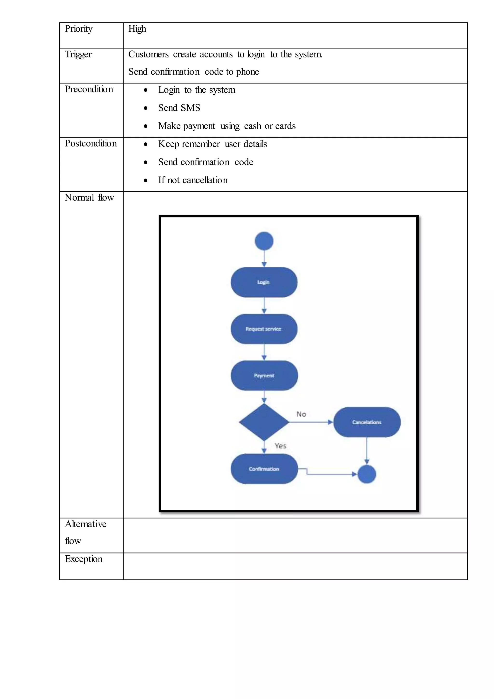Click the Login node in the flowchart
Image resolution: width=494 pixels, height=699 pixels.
click(264, 282)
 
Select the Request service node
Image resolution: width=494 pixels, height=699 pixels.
click(264, 329)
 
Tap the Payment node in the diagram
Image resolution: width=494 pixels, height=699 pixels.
click(264, 375)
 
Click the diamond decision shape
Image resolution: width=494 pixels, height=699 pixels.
click(264, 422)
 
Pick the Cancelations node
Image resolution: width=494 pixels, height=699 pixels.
click(367, 422)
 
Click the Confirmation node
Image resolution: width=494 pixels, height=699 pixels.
click(264, 469)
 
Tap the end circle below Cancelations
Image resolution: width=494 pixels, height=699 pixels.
click(367, 474)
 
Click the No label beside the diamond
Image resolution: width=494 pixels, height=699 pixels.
click(301, 414)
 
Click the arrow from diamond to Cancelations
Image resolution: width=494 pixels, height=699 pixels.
click(310, 422)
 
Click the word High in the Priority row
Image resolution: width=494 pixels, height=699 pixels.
click(137, 29)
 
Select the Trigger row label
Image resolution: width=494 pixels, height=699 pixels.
click(78, 55)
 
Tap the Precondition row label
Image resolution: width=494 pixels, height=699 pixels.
click(89, 89)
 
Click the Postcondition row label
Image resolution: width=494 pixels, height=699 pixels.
click(91, 143)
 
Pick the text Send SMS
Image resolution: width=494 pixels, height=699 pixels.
click(179, 108)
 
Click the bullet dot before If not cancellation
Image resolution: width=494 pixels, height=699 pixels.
click(146, 180)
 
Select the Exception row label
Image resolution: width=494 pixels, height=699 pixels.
click(84, 559)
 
